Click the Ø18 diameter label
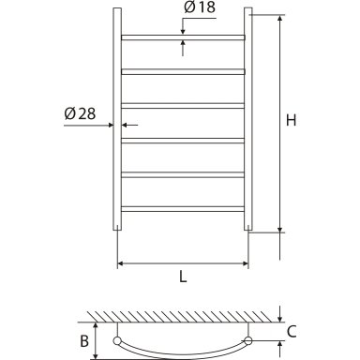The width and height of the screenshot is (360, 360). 200,7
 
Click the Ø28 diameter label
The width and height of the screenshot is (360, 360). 80,113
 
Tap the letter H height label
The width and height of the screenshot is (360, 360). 292,120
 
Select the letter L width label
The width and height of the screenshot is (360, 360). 183,277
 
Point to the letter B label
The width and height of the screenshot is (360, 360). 84,341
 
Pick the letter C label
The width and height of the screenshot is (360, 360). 292,332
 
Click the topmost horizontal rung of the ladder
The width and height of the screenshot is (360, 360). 183,37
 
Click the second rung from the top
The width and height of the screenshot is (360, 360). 183,72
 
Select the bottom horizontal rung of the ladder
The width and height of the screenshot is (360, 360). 183,209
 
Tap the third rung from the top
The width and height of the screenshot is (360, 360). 183,106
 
